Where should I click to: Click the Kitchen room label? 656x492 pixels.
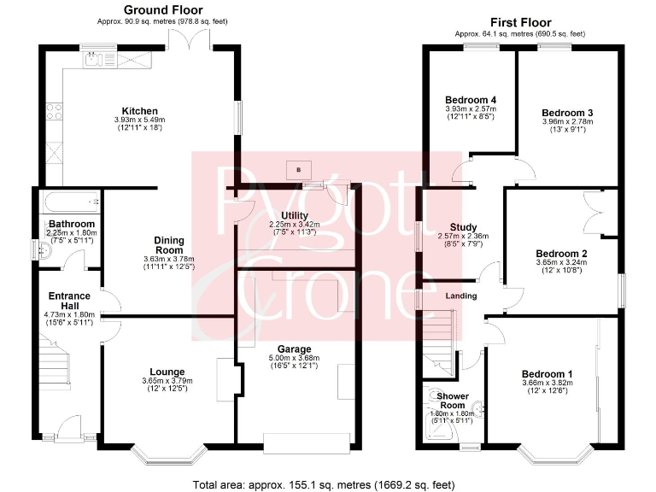(139, 111)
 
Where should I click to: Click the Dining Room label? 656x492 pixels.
(169, 245)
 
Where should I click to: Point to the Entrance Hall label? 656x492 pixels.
(69, 301)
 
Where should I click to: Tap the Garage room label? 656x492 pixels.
(293, 349)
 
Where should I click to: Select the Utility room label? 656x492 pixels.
(294, 215)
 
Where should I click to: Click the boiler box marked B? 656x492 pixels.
(298, 168)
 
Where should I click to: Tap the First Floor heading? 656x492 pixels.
(520, 22)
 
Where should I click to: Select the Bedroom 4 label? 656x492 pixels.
(471, 100)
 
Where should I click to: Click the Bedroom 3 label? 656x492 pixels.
(567, 113)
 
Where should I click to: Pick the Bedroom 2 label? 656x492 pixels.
(561, 254)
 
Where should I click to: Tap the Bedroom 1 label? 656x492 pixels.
(547, 374)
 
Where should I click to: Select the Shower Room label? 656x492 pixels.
(453, 401)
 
